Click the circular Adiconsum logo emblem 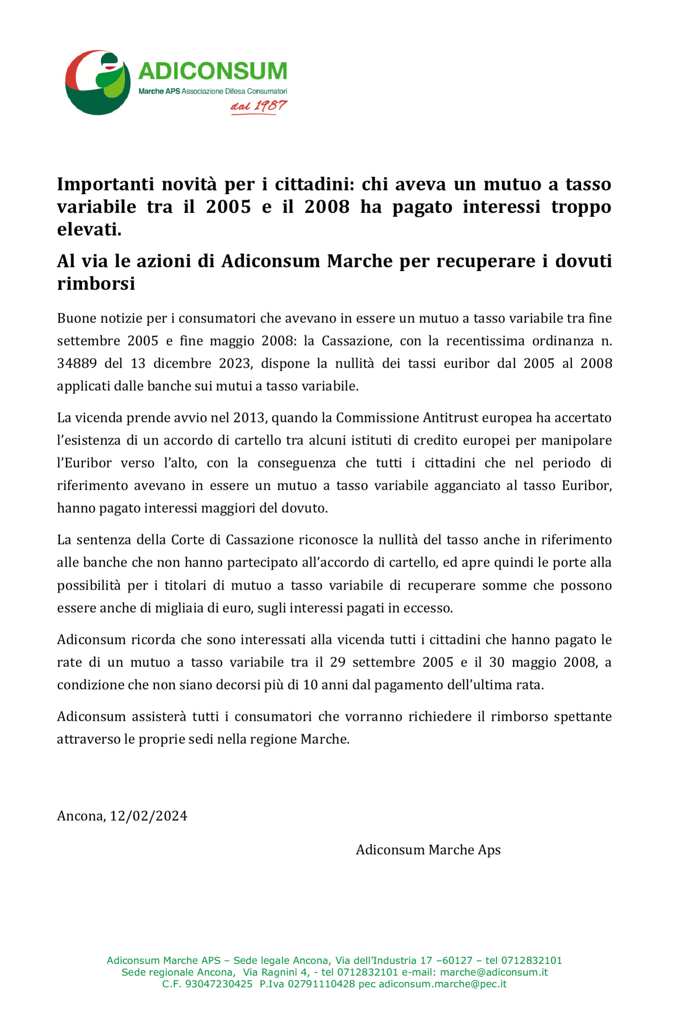click(x=98, y=83)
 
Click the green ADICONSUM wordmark click(x=213, y=71)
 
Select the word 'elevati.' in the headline click(x=89, y=229)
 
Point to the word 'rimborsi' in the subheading click(x=96, y=284)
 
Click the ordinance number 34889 click(x=77, y=363)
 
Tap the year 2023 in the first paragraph click(x=235, y=363)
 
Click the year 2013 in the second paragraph click(x=248, y=418)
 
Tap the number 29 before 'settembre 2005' click(x=337, y=662)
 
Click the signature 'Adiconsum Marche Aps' click(x=428, y=850)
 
